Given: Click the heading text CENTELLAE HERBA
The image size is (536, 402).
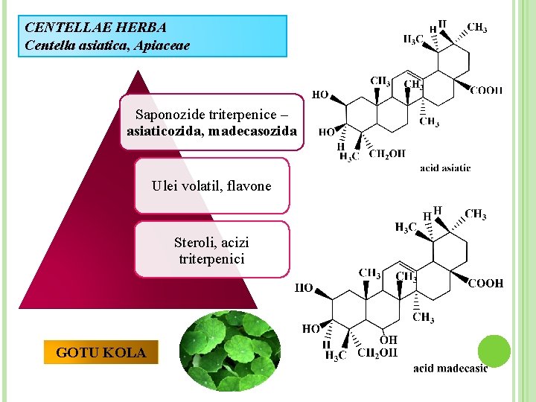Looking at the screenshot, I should [x=95, y=28].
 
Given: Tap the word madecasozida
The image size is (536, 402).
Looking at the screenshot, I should [x=254, y=132].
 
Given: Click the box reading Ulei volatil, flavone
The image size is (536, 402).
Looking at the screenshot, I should [x=211, y=186].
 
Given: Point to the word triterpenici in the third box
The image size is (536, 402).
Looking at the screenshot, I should [x=211, y=259].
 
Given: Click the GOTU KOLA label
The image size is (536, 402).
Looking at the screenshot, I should [x=101, y=353].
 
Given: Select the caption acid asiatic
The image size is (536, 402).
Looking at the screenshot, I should [x=445, y=168].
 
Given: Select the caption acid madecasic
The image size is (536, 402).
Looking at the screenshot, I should [x=450, y=368].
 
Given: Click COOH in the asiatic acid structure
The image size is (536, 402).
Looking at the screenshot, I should [x=486, y=90].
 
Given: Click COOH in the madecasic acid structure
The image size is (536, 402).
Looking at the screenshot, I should [x=485, y=284].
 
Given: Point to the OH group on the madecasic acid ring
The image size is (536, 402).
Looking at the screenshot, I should [x=388, y=340].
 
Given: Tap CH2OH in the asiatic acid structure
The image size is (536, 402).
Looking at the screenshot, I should [x=387, y=154].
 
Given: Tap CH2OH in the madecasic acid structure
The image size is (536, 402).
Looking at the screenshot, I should [x=377, y=353].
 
